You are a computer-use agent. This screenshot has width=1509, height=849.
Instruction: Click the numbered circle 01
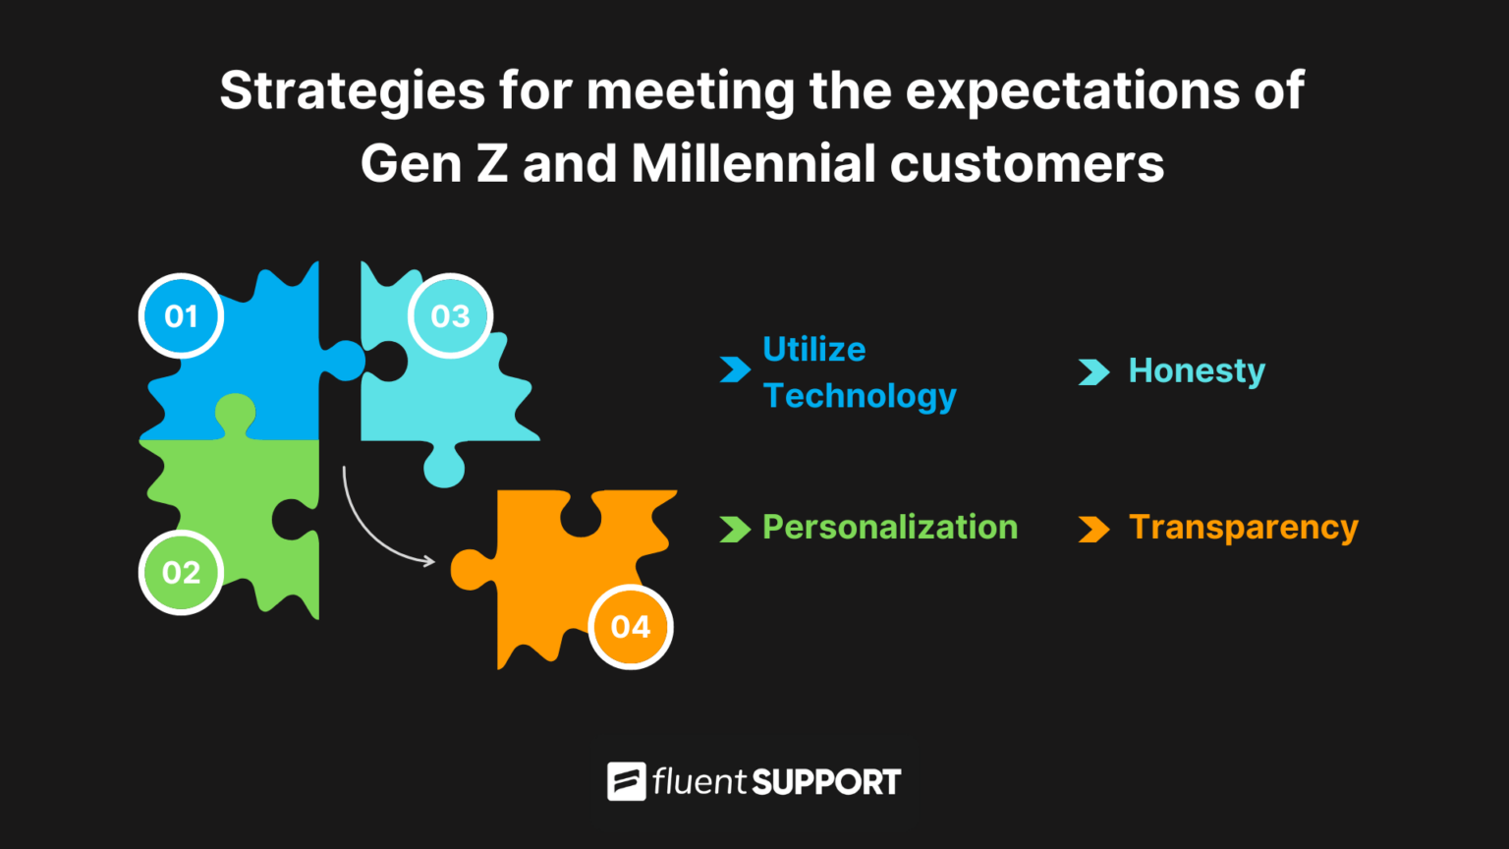(x=181, y=316)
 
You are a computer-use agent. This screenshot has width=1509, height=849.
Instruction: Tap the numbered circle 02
(x=181, y=573)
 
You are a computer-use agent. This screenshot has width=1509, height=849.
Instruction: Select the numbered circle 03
(x=450, y=316)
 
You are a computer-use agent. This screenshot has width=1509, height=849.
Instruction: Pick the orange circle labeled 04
(x=631, y=627)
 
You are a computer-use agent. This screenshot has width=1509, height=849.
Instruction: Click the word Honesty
(x=1197, y=371)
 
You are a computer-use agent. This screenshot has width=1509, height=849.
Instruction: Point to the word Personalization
(x=890, y=528)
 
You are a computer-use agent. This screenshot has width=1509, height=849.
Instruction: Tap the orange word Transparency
(x=1244, y=528)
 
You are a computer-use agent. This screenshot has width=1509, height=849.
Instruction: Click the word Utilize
(x=814, y=350)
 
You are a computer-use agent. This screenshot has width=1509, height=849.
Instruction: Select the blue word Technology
(x=860, y=396)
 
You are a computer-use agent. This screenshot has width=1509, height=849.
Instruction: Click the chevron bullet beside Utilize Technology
(x=735, y=370)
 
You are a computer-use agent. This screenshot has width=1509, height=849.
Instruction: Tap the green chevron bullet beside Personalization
(x=735, y=530)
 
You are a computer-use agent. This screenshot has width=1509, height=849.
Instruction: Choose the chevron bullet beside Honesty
(x=1093, y=372)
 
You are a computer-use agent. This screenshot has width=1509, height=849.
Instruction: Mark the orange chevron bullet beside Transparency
(x=1093, y=530)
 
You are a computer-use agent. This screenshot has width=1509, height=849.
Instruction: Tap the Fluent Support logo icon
(x=627, y=782)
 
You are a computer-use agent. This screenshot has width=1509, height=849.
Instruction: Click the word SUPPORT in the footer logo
(x=826, y=783)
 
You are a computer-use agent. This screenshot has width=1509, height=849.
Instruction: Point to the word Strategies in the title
(x=352, y=92)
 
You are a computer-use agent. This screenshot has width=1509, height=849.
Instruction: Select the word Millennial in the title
(x=754, y=164)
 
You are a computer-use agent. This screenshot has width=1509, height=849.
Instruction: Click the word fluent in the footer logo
(x=699, y=782)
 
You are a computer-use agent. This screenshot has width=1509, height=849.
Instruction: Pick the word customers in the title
(x=1027, y=164)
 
